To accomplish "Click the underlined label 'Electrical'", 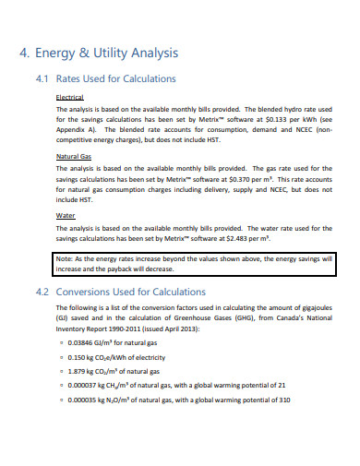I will [70, 97].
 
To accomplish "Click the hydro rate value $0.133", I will [258, 119].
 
